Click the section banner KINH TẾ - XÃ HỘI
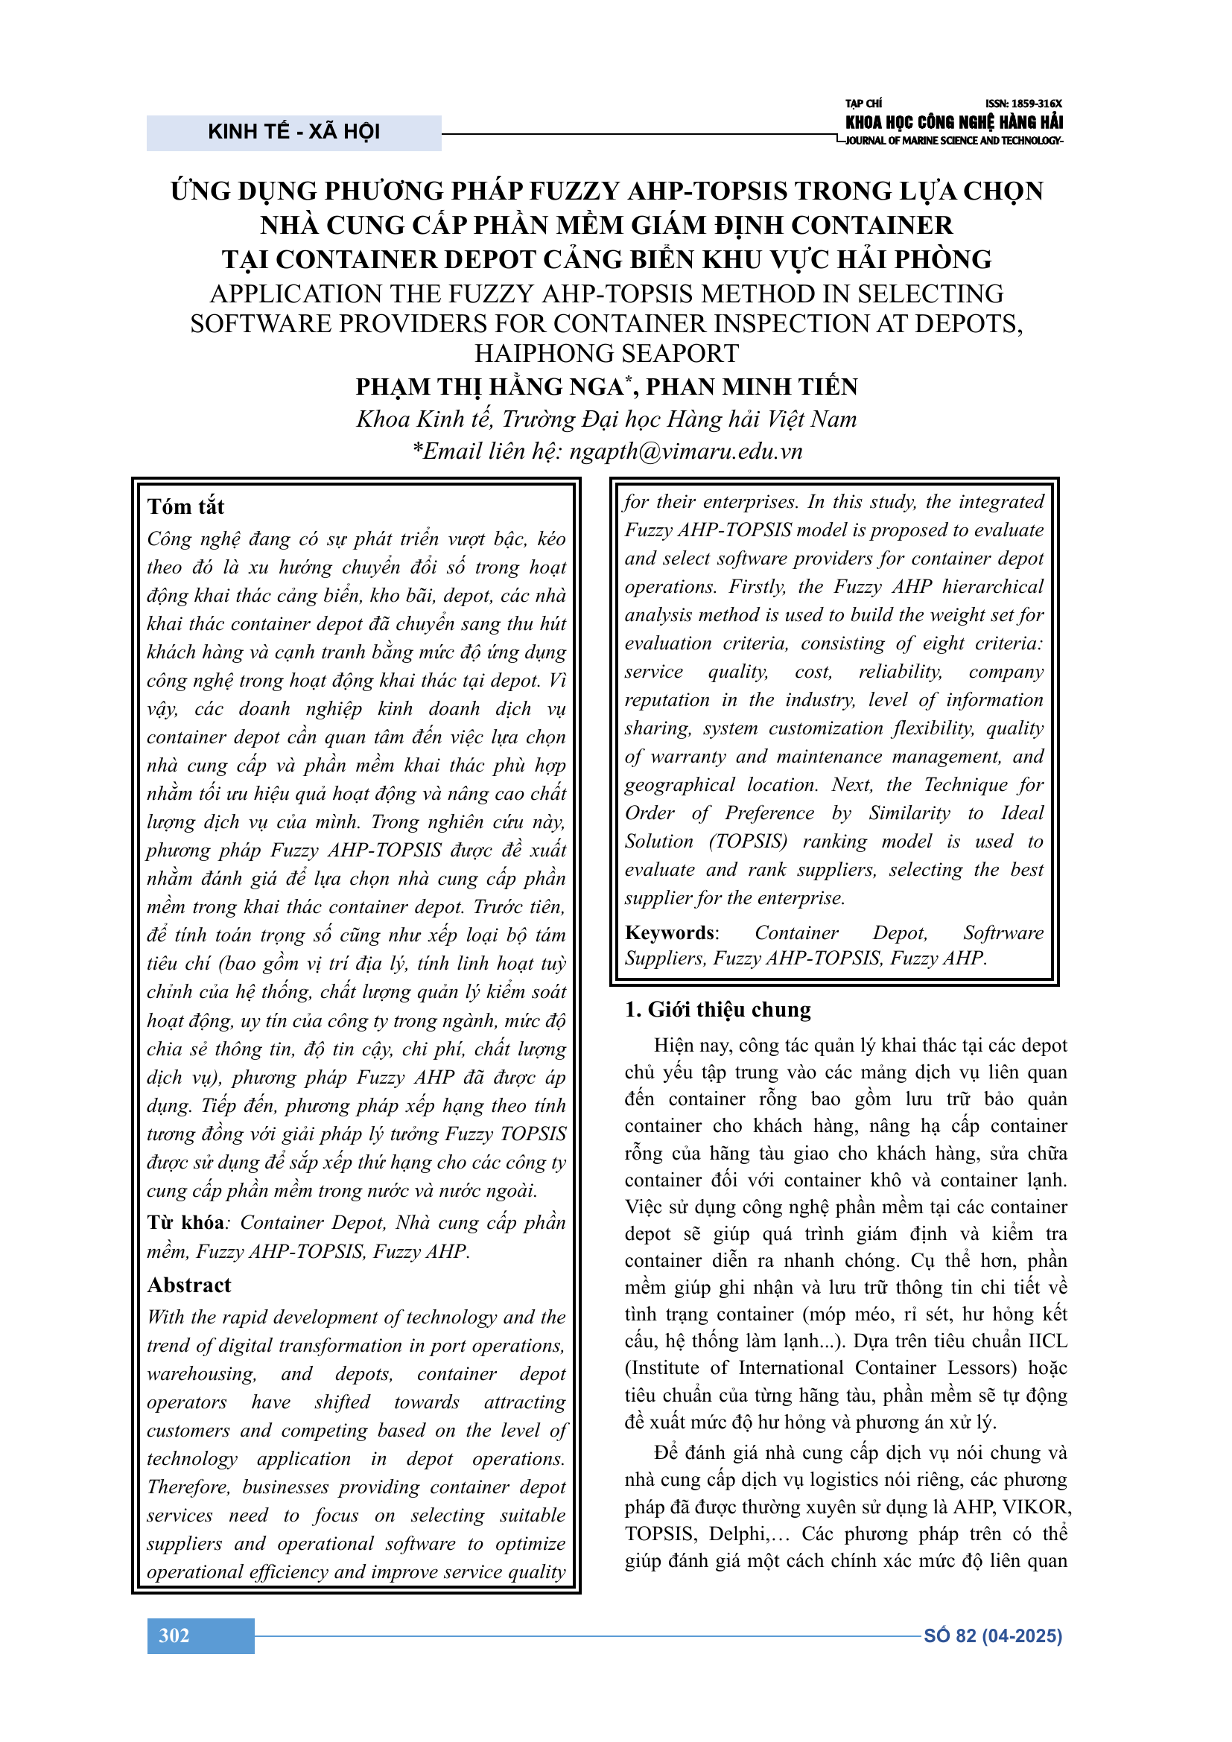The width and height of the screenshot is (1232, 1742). (x=293, y=132)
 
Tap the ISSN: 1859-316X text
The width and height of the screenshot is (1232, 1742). (x=1023, y=104)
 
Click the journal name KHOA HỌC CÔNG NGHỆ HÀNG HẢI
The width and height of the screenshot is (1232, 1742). (x=953, y=122)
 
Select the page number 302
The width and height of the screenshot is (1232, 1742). (x=174, y=1635)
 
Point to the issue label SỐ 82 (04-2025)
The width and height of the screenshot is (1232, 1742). (x=992, y=1635)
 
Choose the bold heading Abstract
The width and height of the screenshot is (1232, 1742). (x=189, y=1285)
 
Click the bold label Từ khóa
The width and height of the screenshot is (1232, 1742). (x=186, y=1222)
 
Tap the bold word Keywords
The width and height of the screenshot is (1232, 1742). (x=670, y=932)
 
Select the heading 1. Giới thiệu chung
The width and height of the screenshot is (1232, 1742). (x=717, y=1009)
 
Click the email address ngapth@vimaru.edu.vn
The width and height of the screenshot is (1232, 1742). (x=686, y=451)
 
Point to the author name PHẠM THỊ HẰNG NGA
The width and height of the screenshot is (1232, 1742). (x=489, y=387)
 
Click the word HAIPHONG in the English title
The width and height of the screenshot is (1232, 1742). (x=530, y=353)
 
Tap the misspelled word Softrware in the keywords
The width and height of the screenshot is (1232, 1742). (x=1003, y=932)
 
